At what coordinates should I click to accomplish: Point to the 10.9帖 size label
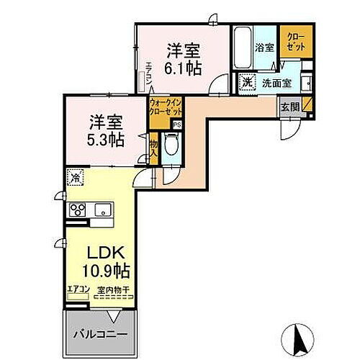point(105,271)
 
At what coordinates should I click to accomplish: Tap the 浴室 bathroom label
point(264,48)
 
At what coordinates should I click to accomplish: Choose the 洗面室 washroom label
point(276,83)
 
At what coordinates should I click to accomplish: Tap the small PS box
point(177,125)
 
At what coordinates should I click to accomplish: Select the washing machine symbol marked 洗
point(247,81)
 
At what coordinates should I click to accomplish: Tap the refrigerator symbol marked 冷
point(75,176)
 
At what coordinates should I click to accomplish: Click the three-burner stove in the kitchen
point(77,211)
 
